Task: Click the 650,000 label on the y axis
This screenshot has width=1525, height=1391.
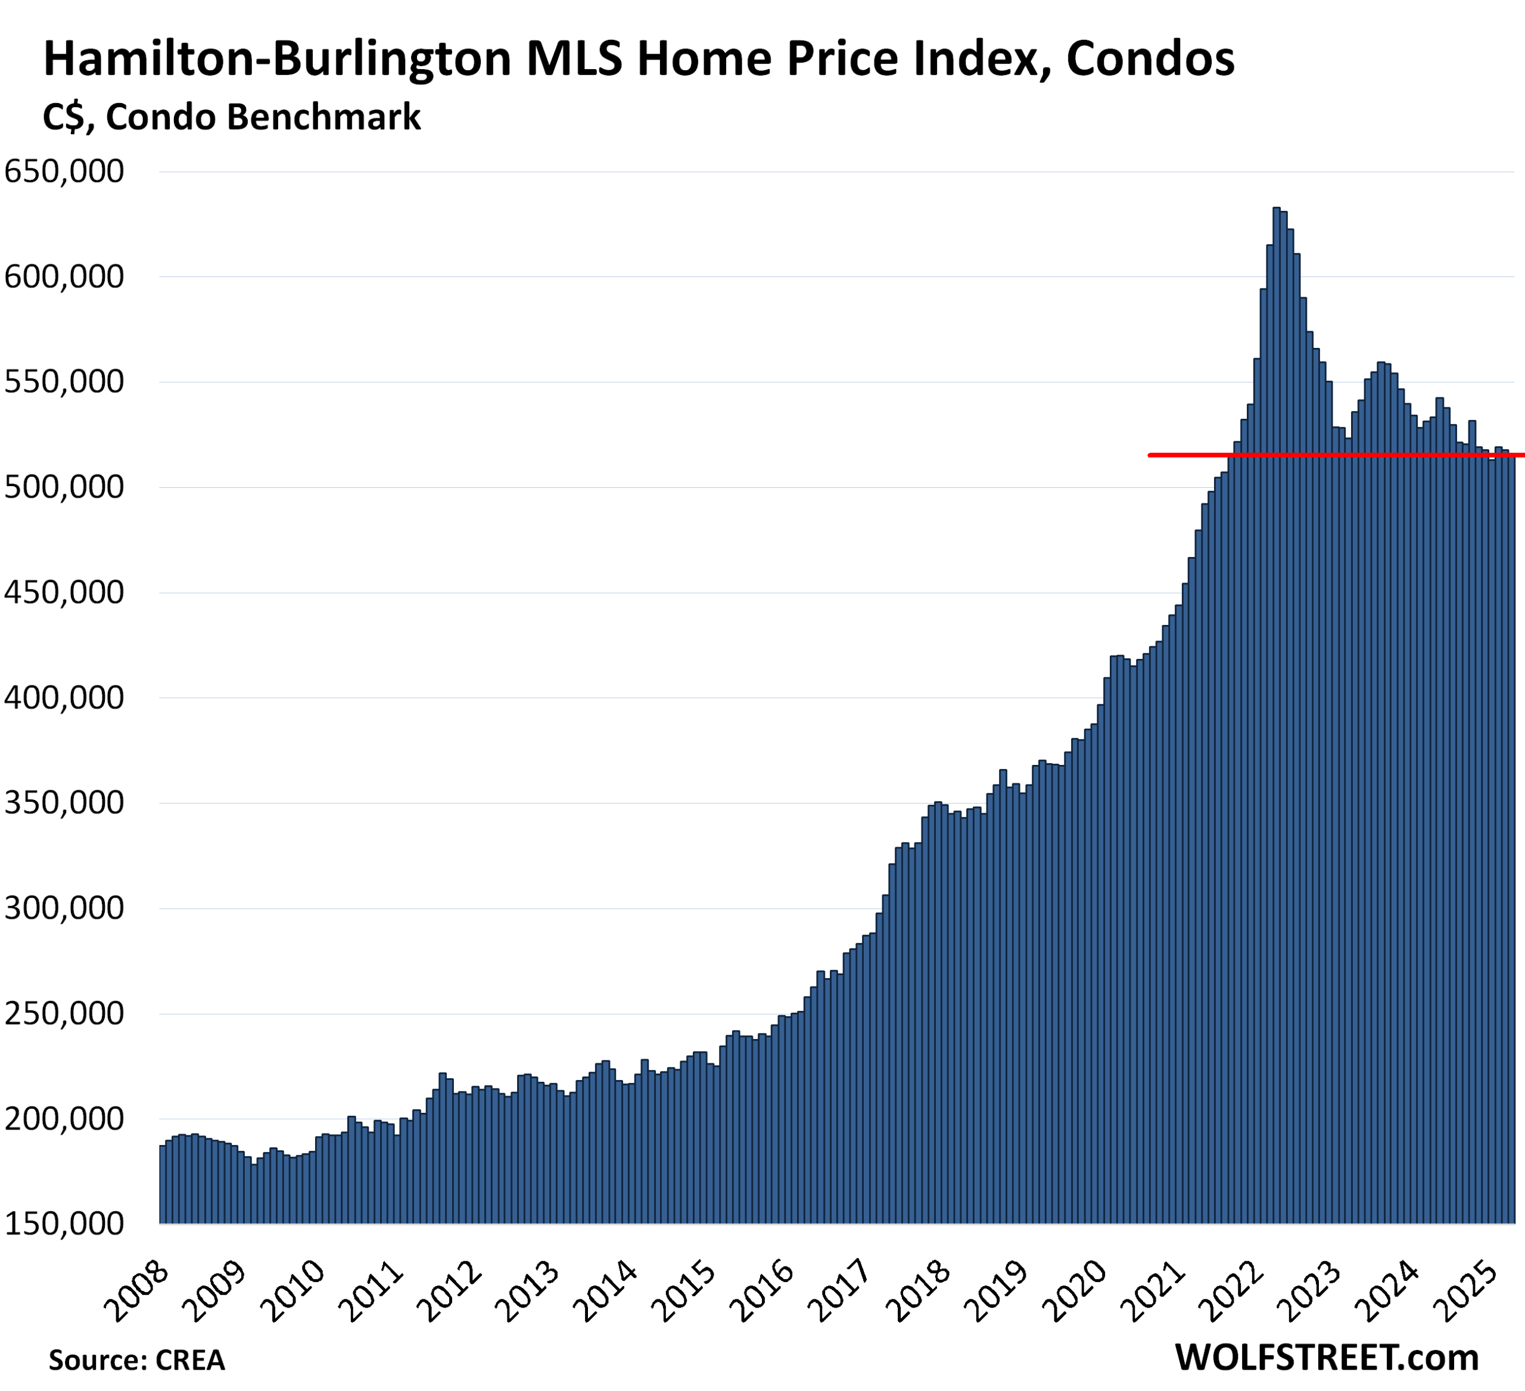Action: (64, 172)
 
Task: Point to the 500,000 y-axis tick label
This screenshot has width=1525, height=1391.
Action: (64, 487)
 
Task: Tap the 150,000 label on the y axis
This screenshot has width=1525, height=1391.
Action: (64, 1224)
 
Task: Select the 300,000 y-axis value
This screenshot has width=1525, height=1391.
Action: (64, 908)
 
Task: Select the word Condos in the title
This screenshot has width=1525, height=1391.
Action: (1150, 60)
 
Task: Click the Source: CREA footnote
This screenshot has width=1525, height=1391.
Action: (137, 1359)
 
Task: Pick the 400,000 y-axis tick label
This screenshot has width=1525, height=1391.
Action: (64, 698)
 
